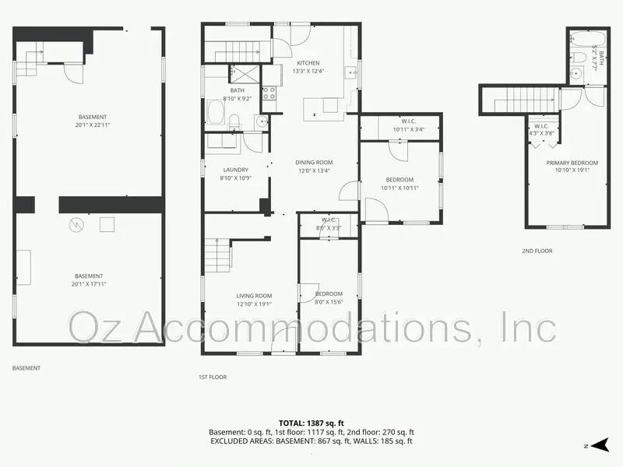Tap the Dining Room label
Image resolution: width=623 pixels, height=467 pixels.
coord(314,163)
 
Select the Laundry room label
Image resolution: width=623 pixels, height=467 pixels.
coord(235,170)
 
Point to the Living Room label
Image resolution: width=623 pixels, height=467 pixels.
coord(254,295)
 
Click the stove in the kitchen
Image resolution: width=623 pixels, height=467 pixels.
coord(269,94)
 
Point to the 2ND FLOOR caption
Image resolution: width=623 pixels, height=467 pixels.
coord(537,251)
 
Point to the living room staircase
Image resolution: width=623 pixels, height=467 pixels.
coord(218,255)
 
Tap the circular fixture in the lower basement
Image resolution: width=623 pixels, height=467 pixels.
coord(76,225)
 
